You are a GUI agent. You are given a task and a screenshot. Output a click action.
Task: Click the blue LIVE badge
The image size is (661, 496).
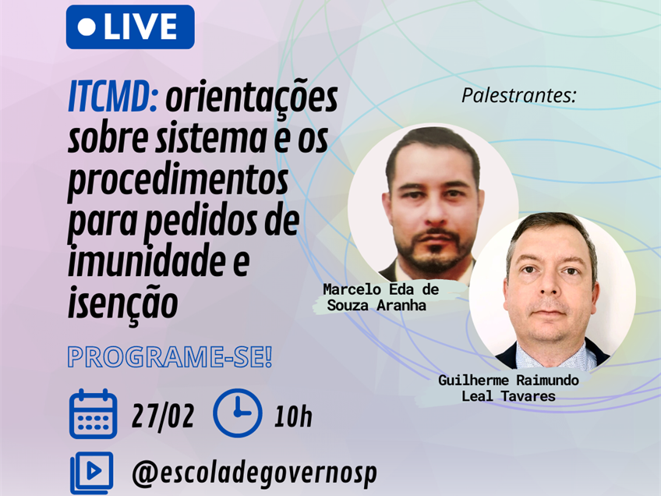coord(130,27)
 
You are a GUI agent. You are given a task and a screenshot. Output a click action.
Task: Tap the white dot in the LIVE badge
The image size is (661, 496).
coord(87,27)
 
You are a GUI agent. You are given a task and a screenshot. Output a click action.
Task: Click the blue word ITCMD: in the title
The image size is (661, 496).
coord(113,97)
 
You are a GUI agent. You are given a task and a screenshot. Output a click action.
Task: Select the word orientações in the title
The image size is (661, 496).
coord(252,100)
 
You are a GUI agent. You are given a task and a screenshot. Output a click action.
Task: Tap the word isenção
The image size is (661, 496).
coord(122,303)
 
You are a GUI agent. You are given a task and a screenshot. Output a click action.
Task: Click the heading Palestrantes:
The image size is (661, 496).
coord(519,95)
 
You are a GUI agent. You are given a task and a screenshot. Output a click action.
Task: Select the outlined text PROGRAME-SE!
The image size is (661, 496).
coord(170,357)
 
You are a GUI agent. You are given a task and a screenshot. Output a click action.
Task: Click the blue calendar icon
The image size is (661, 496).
coord(94,414)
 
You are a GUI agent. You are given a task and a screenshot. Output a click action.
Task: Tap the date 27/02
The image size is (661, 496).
coord(163,416)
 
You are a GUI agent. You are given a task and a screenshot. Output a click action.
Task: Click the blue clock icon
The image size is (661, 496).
coord(237,413)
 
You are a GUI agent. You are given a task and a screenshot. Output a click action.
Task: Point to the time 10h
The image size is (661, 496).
coord(293,416)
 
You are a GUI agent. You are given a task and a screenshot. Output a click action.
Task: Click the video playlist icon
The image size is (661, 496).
coord(92,473)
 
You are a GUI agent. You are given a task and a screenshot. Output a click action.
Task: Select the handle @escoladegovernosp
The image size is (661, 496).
coord(254,473)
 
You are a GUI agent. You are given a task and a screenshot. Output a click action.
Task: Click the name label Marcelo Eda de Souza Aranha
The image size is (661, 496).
coord(381,297)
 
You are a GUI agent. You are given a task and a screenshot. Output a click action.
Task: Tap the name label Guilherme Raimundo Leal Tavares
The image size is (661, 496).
coord(508,388)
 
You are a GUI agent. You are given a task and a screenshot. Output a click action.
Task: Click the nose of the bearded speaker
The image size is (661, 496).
coord(436,214)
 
